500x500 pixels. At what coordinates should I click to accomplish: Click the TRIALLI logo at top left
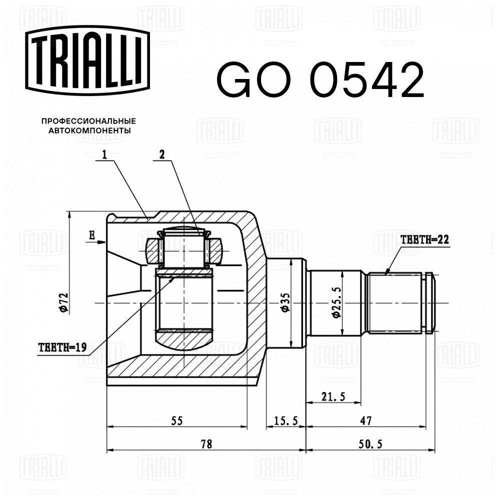[87, 60]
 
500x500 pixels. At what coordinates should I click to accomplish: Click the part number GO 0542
[320, 79]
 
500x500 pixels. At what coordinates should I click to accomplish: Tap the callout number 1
[105, 155]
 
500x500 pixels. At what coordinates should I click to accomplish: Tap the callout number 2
[161, 155]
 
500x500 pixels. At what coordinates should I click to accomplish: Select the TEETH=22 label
[425, 239]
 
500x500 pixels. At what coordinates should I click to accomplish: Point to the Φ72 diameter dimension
[63, 301]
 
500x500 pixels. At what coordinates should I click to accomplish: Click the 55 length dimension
[177, 421]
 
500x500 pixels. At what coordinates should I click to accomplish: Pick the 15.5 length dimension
[286, 421]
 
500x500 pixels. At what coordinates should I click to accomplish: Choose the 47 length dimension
[366, 421]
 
